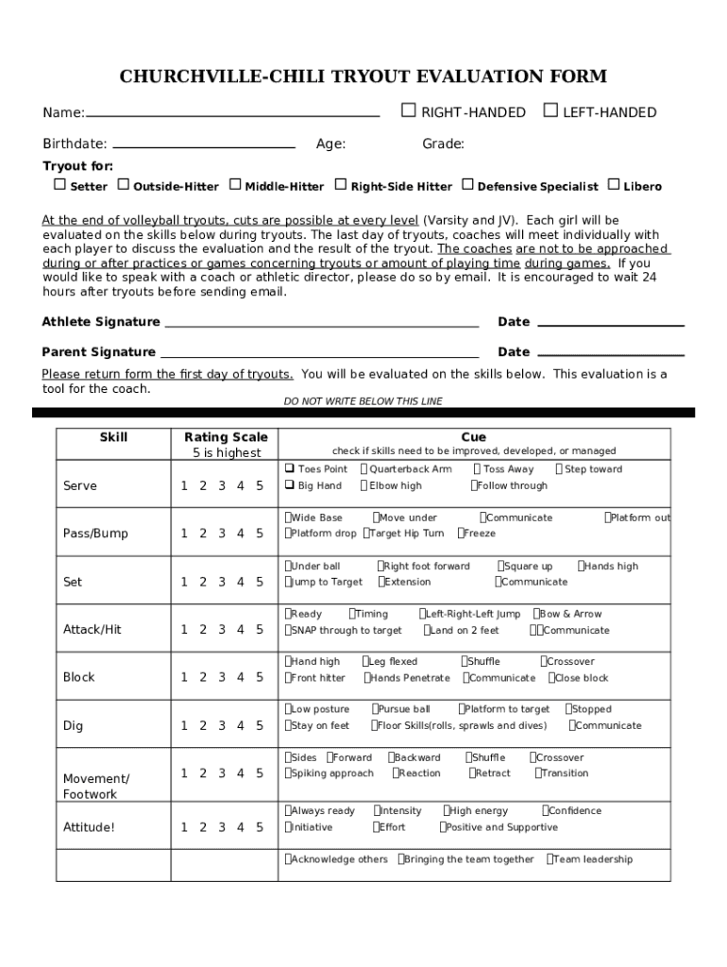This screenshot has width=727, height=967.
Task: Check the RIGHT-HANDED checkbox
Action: tap(409, 111)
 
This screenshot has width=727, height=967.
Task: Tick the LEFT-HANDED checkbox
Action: tap(550, 111)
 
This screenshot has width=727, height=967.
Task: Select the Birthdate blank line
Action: tap(203, 145)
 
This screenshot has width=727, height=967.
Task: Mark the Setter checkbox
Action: tap(59, 185)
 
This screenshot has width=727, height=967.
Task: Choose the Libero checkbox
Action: tap(614, 185)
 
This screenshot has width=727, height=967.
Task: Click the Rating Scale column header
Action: tap(226, 437)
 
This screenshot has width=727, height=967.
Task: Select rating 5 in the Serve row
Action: tap(260, 486)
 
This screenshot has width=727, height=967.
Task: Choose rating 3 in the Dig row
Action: tap(222, 725)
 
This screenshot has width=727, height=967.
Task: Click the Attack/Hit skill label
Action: tap(92, 629)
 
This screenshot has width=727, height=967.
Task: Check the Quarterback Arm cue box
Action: tap(364, 469)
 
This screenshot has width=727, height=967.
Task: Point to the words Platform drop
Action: tap(323, 534)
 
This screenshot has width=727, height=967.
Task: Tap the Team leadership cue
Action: tap(592, 859)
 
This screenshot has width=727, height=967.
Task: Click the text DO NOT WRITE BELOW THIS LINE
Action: tap(363, 401)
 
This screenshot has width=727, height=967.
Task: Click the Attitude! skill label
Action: tap(89, 827)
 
